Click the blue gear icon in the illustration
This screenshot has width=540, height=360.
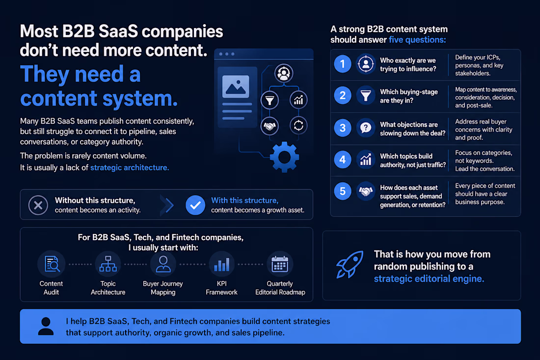tap(284, 157)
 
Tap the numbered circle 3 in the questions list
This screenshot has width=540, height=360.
tap(343, 128)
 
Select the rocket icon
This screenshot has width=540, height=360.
tap(350, 264)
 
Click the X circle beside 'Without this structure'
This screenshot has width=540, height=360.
tap(38, 205)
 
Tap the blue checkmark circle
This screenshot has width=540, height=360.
tap(195, 205)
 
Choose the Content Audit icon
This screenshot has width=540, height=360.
tap(52, 264)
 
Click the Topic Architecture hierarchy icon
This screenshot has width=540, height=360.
tap(108, 264)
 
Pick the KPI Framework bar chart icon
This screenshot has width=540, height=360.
tap(222, 264)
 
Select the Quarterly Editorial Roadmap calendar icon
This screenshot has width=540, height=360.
tap(280, 264)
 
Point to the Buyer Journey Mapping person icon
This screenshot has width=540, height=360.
tap(163, 264)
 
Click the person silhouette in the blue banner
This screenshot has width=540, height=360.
tap(46, 327)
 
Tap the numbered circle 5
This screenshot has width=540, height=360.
tap(343, 191)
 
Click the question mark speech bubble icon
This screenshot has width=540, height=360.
tap(366, 128)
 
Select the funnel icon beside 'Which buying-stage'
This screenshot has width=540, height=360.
tap(366, 95)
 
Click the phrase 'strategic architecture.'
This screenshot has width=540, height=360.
tap(130, 168)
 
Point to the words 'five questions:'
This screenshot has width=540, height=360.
tap(417, 40)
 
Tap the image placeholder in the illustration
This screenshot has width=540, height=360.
tap(236, 86)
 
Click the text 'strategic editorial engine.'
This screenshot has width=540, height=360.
tap(429, 278)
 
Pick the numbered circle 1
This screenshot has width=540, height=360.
tap(343, 64)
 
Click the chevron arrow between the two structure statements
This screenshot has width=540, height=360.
tap(168, 205)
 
